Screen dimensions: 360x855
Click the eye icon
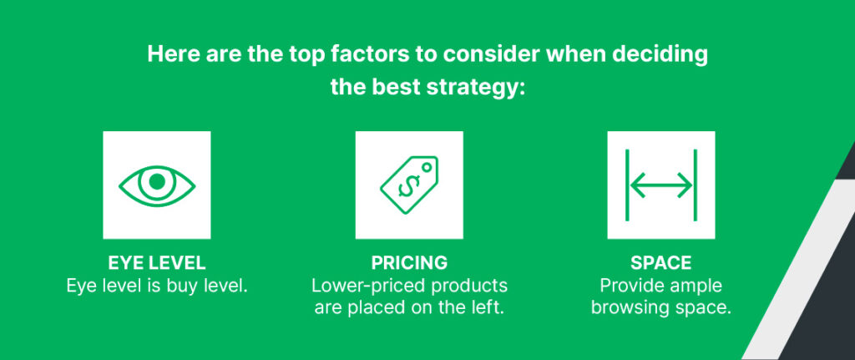coord(156,185)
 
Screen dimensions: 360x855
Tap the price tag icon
coord(408,185)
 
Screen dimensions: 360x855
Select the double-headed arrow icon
coord(660,185)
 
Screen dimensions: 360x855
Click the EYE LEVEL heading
coord(156,263)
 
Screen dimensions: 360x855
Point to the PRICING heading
coord(408,263)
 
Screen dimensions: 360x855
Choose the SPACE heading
coord(660,263)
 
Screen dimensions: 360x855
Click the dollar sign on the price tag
coord(407,188)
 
